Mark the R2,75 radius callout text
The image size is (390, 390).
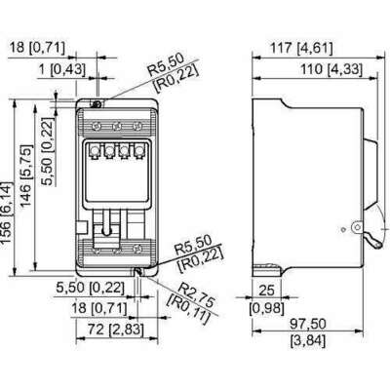tap(200, 289)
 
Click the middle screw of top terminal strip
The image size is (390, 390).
tap(117, 126)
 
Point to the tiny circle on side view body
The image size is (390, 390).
tap(342, 230)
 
